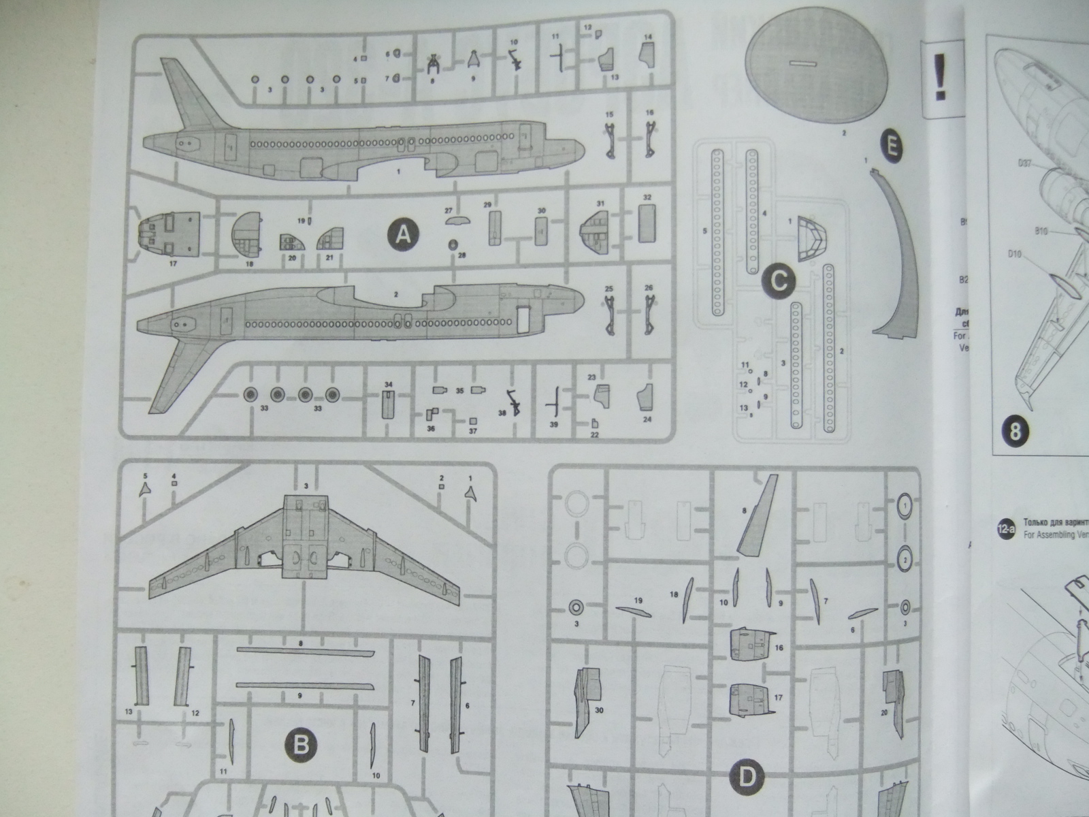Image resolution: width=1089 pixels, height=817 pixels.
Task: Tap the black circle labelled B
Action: pyautogui.click(x=300, y=745)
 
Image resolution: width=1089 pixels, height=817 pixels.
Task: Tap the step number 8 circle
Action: pyautogui.click(x=1015, y=431)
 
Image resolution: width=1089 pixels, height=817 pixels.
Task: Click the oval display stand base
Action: pyautogui.click(x=813, y=68)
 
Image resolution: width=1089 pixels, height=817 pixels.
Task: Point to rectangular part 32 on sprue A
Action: pyautogui.click(x=647, y=223)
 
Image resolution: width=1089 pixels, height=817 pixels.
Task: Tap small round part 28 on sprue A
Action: pyautogui.click(x=453, y=244)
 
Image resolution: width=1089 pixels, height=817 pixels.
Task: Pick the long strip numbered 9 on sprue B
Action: pyautogui.click(x=305, y=685)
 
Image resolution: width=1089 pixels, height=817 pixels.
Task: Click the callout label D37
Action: pyautogui.click(x=1026, y=163)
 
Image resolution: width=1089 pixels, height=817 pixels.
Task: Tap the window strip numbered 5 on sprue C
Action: pyautogui.click(x=717, y=231)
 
